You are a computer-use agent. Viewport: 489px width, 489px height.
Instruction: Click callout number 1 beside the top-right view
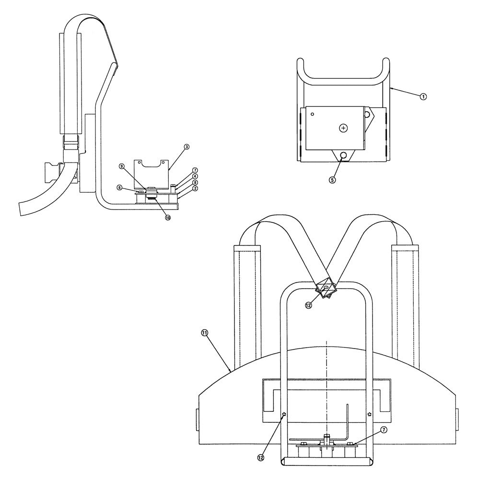pyautogui.click(x=423, y=96)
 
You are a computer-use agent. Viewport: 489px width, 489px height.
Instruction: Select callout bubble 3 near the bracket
pyautogui.click(x=186, y=147)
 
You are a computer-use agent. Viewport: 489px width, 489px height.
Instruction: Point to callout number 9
pyautogui.click(x=122, y=166)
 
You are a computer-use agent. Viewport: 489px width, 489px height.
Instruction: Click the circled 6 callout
pyautogui.click(x=119, y=187)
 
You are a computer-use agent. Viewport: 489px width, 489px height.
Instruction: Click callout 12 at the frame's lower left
pyautogui.click(x=260, y=457)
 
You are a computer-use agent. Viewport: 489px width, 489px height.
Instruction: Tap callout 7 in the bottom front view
pyautogui.click(x=384, y=430)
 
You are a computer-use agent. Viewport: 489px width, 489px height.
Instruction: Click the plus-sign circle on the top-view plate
pyautogui.click(x=343, y=128)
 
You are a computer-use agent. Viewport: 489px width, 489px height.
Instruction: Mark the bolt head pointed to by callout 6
pyautogui.click(x=142, y=192)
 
